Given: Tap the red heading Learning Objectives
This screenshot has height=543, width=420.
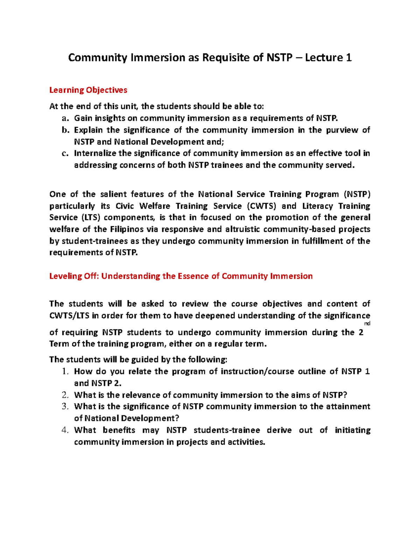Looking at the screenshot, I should (x=88, y=90).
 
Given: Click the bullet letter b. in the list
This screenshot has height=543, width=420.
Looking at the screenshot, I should (x=65, y=130).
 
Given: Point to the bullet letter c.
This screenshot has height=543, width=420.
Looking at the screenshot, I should (x=65, y=153).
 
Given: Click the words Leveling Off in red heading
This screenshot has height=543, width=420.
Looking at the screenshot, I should (x=74, y=276).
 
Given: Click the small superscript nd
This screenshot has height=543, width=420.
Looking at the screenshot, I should (x=367, y=324).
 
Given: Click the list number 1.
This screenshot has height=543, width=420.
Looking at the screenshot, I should (x=65, y=372).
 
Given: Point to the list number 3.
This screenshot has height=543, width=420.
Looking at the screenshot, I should (x=65, y=407).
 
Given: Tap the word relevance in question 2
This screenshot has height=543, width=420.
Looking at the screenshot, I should (x=141, y=395).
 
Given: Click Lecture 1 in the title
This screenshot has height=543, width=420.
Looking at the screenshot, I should (x=328, y=57).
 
